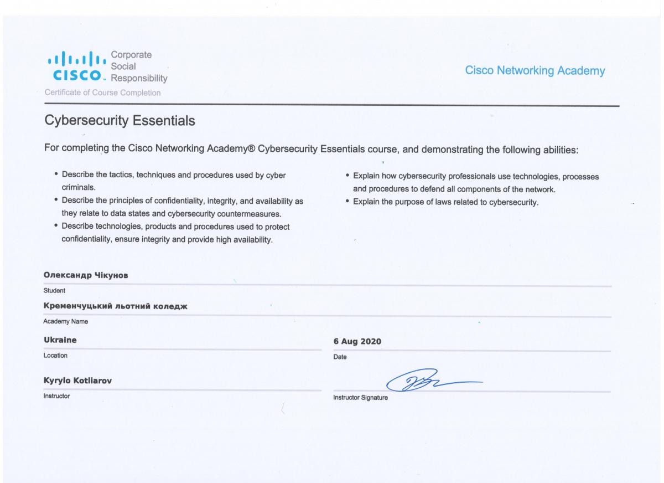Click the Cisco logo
76,66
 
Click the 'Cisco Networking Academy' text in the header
535,71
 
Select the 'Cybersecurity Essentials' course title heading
119,121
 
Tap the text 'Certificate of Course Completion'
102,93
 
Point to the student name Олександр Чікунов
86,276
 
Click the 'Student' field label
54,290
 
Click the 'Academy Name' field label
66,321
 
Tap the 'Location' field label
55,355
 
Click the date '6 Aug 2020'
357,341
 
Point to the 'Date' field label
340,357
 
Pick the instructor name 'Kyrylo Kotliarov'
79,381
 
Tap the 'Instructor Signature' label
360,398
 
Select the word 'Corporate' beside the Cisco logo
132,55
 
